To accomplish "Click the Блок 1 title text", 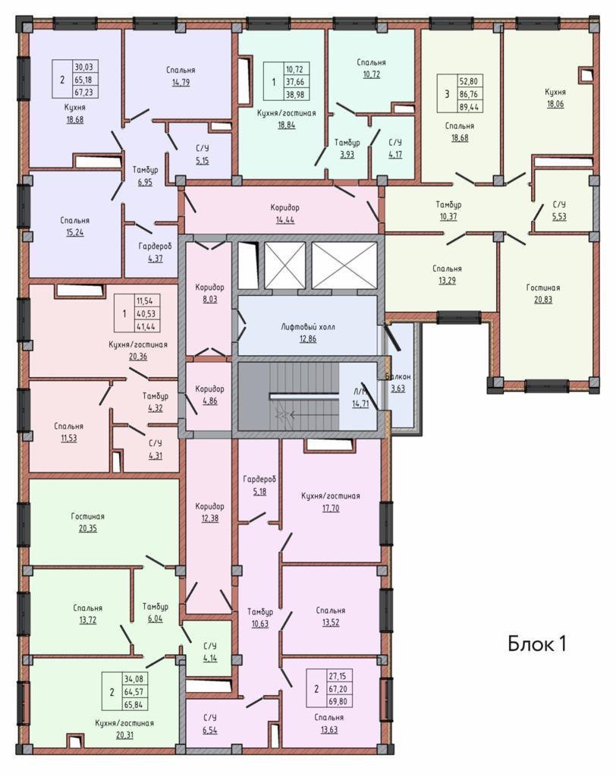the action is (536, 643).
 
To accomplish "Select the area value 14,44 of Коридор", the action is (285, 219).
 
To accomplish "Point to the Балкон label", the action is (398, 376).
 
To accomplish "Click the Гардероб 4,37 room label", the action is (155, 252).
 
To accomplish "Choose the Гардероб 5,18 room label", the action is (259, 485).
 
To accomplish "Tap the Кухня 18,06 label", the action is (555, 98).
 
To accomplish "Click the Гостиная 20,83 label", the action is (543, 294).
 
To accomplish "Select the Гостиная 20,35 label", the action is (88, 522).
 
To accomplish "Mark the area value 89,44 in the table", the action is (468, 106).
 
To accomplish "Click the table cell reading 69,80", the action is (338, 702).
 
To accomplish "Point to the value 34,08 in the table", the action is (134, 679).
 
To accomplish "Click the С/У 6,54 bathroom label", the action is (210, 723).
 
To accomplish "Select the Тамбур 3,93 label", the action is (347, 148).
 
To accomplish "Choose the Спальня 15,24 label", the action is (75, 226).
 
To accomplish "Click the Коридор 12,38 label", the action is (209, 512).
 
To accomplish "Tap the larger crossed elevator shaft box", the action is (344, 265).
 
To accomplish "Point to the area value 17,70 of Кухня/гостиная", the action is (331, 508).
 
